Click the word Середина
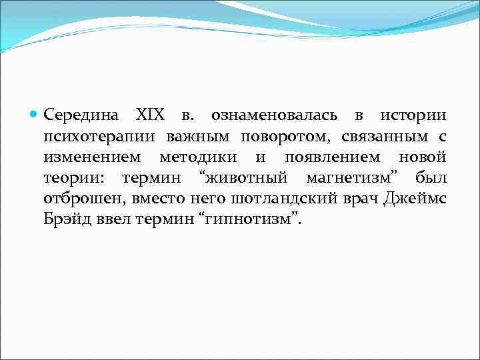coord(81,115)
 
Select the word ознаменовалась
coord(274,115)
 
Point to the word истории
coord(413,115)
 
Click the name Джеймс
coord(415,199)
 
